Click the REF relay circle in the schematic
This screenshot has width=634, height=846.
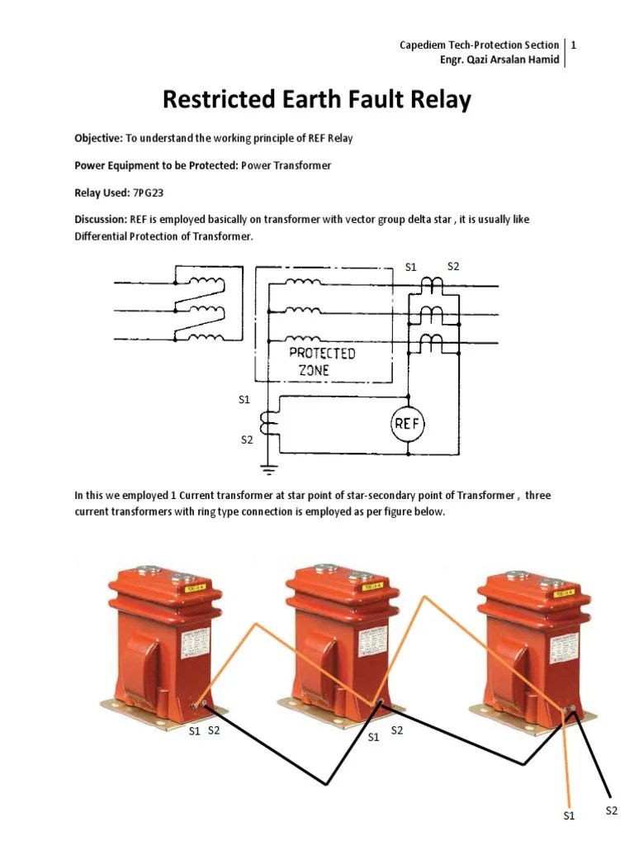click(x=406, y=425)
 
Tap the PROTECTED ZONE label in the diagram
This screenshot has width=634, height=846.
click(x=322, y=362)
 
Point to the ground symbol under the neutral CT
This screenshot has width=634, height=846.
click(x=266, y=468)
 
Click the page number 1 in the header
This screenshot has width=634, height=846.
click(x=574, y=45)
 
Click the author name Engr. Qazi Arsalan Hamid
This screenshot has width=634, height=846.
click(x=501, y=59)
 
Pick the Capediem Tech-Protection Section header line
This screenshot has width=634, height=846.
click(x=479, y=45)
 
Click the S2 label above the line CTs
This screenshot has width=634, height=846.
click(x=452, y=266)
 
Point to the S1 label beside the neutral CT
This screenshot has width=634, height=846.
click(x=244, y=400)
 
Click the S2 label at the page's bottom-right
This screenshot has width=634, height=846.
click(x=611, y=810)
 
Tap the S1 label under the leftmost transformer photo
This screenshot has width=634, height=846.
click(x=194, y=731)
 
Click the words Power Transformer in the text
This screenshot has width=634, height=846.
click(x=286, y=165)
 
